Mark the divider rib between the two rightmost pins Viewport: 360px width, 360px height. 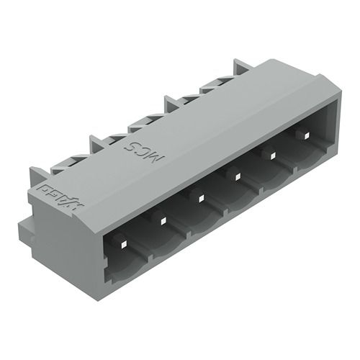coord(285,153)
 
